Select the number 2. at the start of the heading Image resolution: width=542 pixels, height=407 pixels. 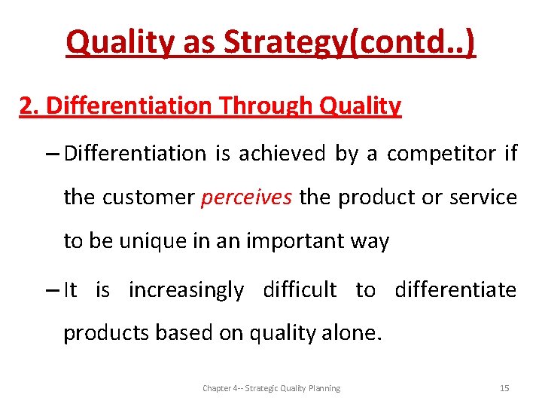coord(30,106)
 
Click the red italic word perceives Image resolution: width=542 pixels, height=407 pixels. coord(246,197)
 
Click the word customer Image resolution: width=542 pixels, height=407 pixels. coord(148,197)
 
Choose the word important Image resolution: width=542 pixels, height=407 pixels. coord(284,242)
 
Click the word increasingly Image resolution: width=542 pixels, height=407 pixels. coord(186,290)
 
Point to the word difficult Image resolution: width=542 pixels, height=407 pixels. coord(299,290)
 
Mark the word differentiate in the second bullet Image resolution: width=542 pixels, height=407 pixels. coord(456,290)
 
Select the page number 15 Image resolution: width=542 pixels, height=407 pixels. coord(504,388)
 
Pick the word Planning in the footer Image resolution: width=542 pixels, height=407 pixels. coord(322,388)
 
